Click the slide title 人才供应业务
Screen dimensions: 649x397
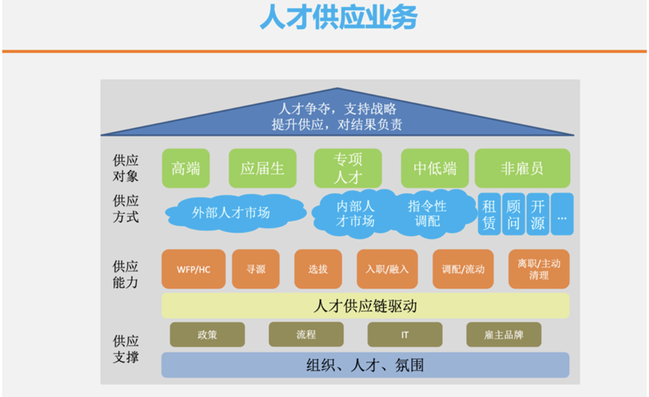(338, 17)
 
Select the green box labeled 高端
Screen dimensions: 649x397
(186, 168)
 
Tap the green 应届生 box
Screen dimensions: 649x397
(263, 168)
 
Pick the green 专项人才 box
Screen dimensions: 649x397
(348, 168)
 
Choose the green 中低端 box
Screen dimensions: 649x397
(434, 168)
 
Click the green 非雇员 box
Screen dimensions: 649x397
(522, 168)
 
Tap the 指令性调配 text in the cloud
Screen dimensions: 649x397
(427, 214)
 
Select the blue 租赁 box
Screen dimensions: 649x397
(489, 214)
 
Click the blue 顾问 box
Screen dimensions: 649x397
(514, 214)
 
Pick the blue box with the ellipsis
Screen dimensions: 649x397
(562, 214)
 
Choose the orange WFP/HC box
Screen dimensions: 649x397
(193, 269)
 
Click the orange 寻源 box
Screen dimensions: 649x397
(256, 269)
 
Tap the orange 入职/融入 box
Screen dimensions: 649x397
(387, 269)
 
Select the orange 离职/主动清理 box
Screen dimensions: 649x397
(539, 269)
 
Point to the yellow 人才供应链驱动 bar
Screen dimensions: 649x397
(365, 306)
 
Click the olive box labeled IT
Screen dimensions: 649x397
(405, 335)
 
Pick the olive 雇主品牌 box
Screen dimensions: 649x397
(503, 335)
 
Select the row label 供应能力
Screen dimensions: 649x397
(125, 274)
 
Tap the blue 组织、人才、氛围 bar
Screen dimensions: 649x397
(365, 365)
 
